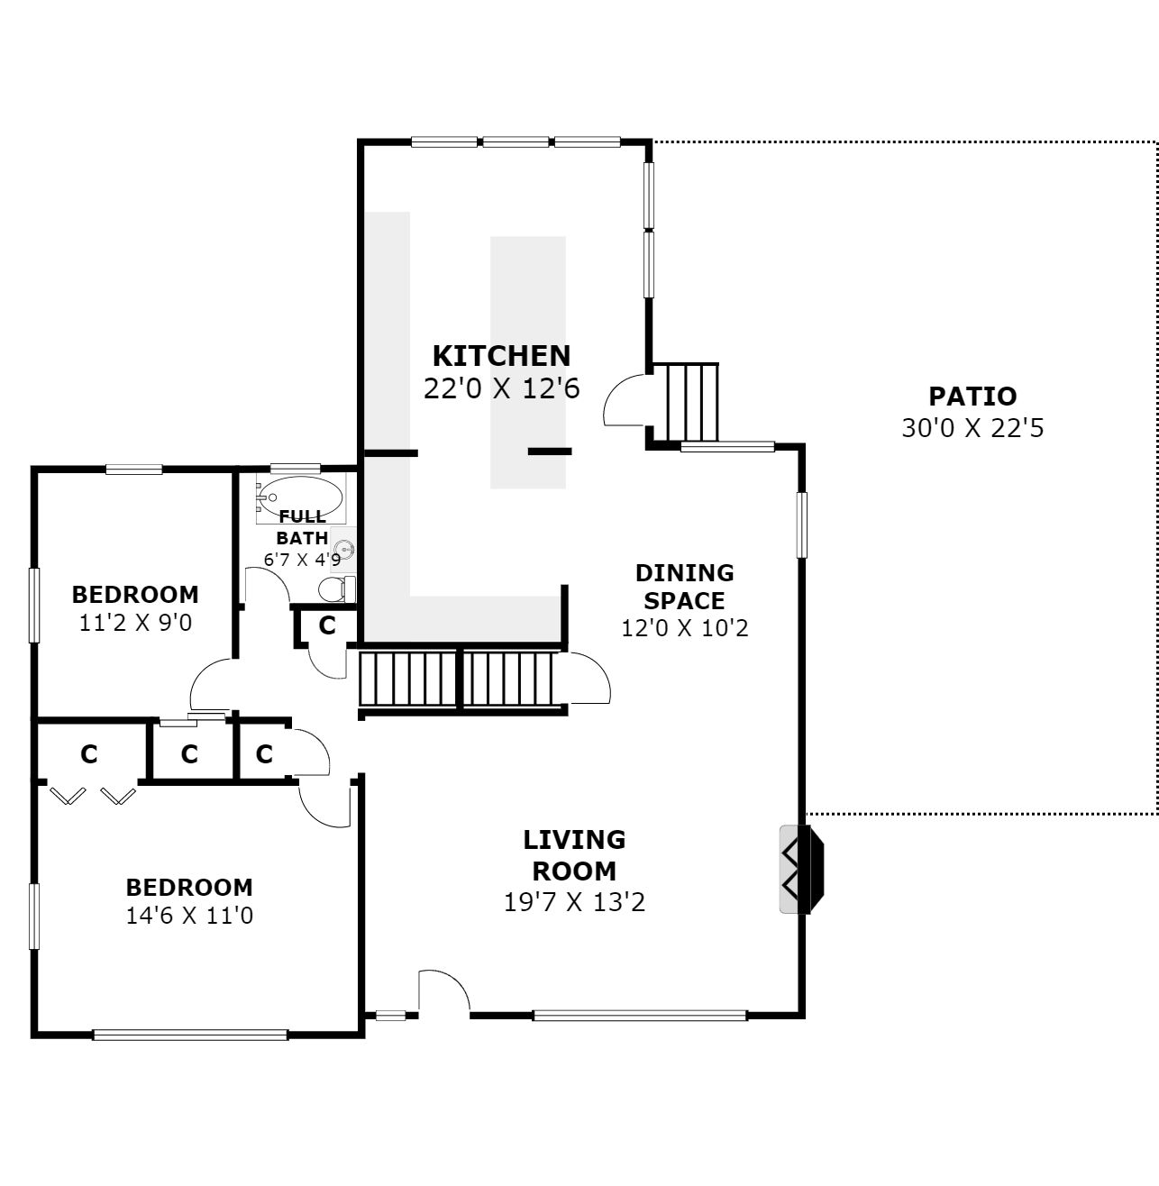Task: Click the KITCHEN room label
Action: point(501,356)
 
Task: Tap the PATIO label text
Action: point(972,397)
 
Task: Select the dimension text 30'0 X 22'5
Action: point(972,428)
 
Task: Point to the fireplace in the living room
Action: point(801,869)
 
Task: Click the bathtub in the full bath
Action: point(300,497)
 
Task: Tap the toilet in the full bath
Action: point(336,589)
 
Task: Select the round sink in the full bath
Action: point(344,550)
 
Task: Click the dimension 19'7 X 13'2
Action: point(574,902)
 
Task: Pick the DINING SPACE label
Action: point(684,587)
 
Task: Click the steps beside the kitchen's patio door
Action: point(693,402)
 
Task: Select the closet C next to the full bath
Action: point(327,625)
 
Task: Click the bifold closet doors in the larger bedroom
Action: point(93,796)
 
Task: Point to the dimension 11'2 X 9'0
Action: point(135,623)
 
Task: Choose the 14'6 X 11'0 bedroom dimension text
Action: point(189,916)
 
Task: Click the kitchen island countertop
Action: point(528,362)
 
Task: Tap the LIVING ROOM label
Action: point(574,855)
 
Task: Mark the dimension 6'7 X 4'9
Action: point(302,560)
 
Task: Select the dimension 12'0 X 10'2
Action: point(684,628)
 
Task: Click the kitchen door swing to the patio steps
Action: point(625,399)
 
